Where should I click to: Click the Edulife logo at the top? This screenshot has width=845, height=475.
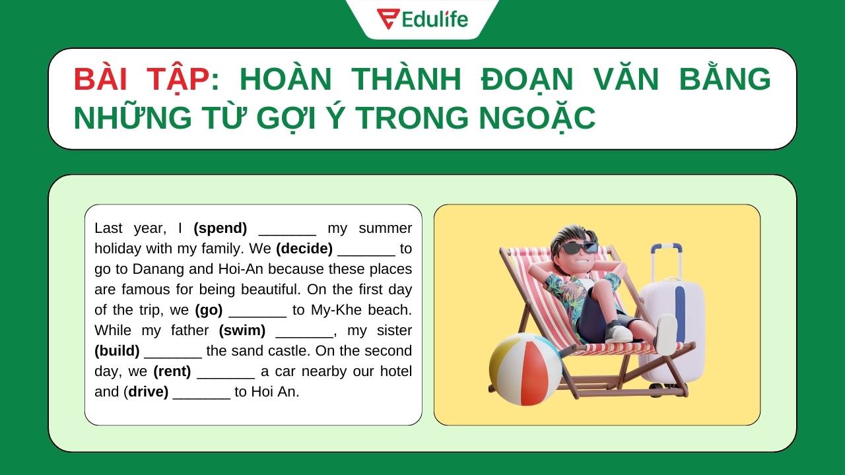tap(422, 18)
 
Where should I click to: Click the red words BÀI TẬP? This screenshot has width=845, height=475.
tap(140, 79)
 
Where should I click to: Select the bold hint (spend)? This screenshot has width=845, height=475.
tap(220, 228)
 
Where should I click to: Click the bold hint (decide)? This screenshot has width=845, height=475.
tap(304, 249)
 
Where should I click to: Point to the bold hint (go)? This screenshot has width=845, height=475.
tap(209, 310)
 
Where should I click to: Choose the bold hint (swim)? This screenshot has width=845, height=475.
tap(242, 331)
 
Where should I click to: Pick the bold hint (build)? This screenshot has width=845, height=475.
tap(117, 351)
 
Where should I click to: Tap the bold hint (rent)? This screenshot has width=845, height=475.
tap(172, 371)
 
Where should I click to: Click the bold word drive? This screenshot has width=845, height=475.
tap(148, 392)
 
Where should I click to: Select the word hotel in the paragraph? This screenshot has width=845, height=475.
tap(395, 371)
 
